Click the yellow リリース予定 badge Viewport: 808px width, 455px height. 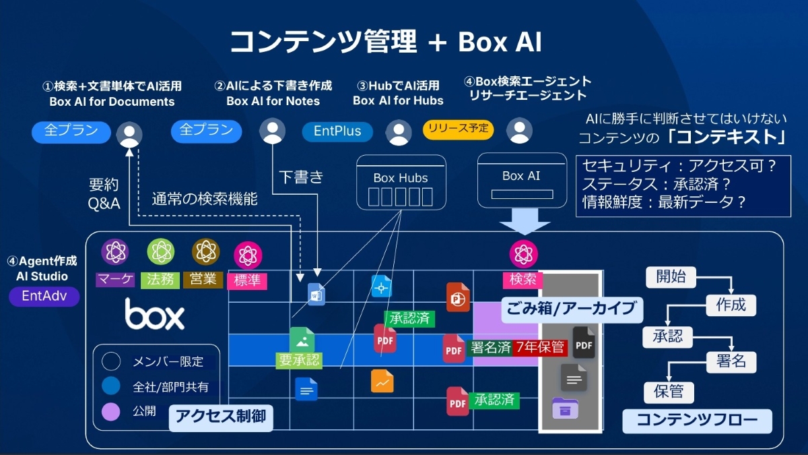pos(458,129)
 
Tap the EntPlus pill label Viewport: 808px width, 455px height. pos(337,131)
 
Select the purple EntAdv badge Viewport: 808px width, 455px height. pos(44,296)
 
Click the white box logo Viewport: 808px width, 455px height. pos(154,314)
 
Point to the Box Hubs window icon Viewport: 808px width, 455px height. pos(401,183)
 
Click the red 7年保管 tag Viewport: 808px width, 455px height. pos(540,347)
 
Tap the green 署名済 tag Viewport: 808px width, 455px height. pos(490,347)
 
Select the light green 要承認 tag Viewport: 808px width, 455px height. pos(299,360)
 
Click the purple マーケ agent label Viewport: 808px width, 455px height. pos(115,279)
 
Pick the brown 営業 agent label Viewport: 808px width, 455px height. pos(203,280)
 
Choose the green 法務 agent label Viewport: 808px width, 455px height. pos(160,280)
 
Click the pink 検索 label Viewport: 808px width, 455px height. pos(523,280)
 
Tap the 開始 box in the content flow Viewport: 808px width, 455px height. pos(671,277)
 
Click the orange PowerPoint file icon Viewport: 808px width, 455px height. pos(458,297)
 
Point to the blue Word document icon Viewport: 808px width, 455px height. pos(316,295)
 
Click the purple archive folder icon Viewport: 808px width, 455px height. pos(565,408)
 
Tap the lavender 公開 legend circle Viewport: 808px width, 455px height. pos(110,412)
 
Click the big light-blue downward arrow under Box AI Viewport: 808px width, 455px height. pos(525,221)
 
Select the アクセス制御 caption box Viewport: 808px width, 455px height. pos(221,417)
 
